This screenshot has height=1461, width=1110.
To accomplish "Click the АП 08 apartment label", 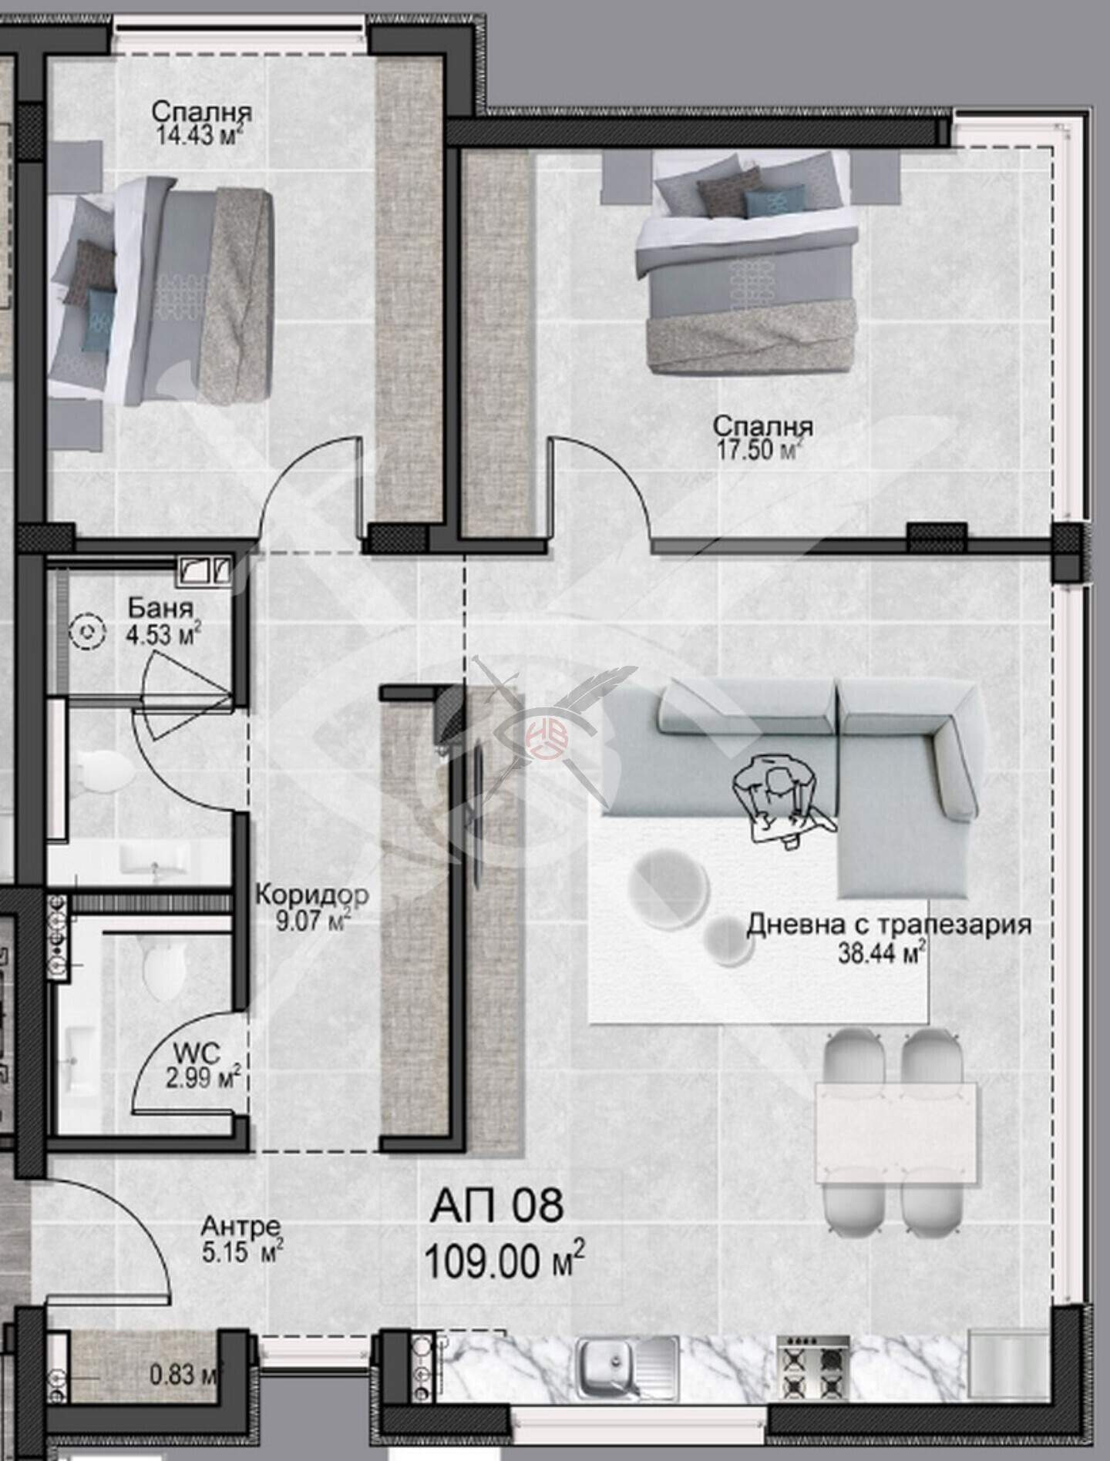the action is (496, 1205).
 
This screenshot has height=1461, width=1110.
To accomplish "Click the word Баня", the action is (160, 608).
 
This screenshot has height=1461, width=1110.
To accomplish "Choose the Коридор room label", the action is (311, 895).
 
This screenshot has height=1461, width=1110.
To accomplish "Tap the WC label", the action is (197, 1051).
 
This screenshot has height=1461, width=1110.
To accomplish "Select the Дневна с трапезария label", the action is (889, 924).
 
